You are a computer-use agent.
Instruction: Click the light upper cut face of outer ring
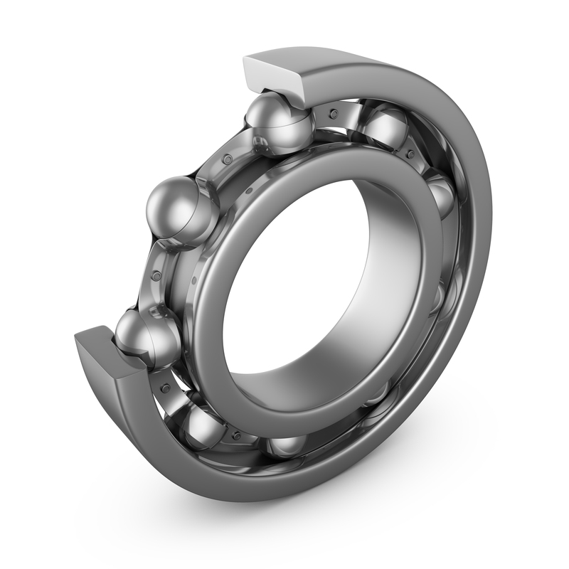click(274, 71)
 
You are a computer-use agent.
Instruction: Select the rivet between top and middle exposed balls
click(227, 159)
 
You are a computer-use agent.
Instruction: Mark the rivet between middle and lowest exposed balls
click(154, 274)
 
